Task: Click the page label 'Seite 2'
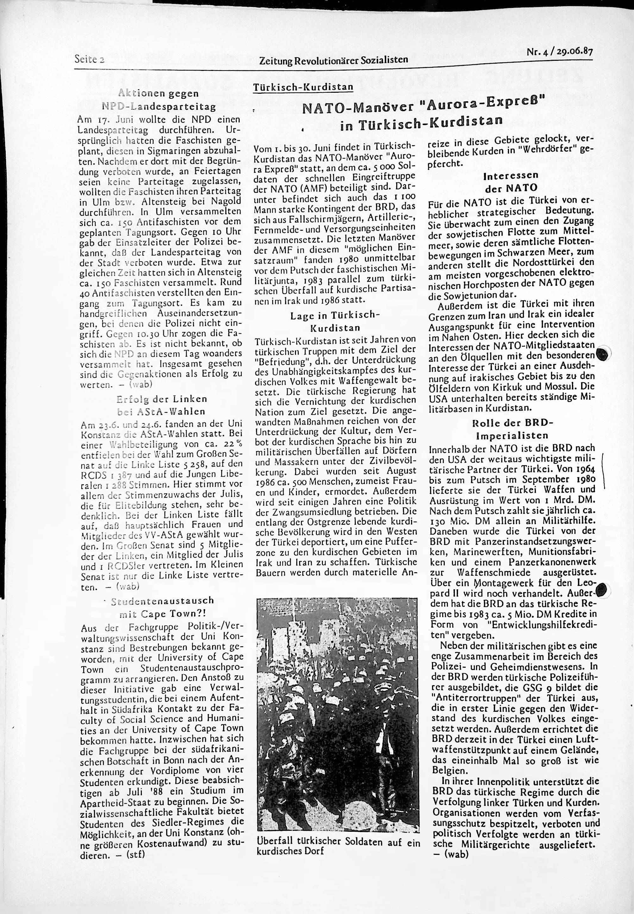89,59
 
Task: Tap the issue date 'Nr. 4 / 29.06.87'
559,52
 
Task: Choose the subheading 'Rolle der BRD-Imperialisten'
509,429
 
